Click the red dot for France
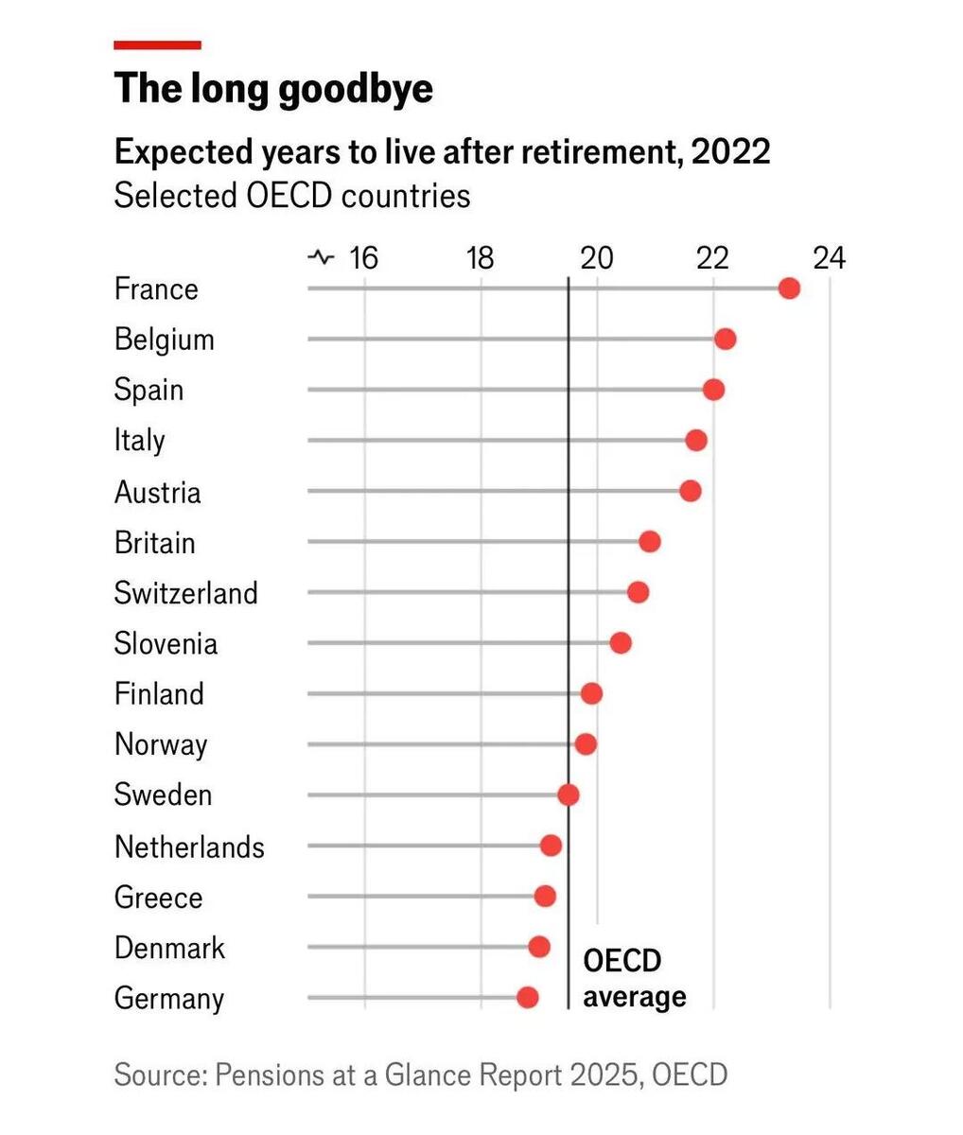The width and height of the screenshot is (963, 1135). pyautogui.click(x=789, y=288)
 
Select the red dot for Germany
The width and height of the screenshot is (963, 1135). pyautogui.click(x=527, y=997)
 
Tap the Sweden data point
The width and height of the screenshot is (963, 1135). pyautogui.click(x=568, y=794)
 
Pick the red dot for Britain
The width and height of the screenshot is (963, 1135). pyautogui.click(x=649, y=541)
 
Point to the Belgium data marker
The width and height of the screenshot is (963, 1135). pyautogui.click(x=726, y=339)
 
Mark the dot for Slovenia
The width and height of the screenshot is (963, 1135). pyautogui.click(x=621, y=642)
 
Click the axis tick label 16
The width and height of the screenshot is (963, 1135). pyautogui.click(x=363, y=258)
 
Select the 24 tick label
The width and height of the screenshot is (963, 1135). pyautogui.click(x=829, y=258)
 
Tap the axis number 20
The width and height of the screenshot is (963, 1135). pyautogui.click(x=597, y=258)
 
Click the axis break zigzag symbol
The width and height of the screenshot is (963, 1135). pyautogui.click(x=321, y=257)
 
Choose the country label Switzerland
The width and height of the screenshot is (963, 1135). pyautogui.click(x=185, y=593)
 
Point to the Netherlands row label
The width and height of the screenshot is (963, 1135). pyautogui.click(x=189, y=847)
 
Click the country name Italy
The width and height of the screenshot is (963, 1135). pyautogui.click(x=140, y=441)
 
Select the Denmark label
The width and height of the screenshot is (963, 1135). pyautogui.click(x=169, y=947)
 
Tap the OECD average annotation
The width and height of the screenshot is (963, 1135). pyautogui.click(x=635, y=978)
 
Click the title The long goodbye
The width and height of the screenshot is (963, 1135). pyautogui.click(x=273, y=88)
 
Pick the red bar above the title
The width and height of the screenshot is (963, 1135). pyautogui.click(x=158, y=45)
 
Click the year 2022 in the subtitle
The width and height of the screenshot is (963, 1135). pyautogui.click(x=730, y=152)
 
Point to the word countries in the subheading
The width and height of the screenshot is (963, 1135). pyautogui.click(x=406, y=196)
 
